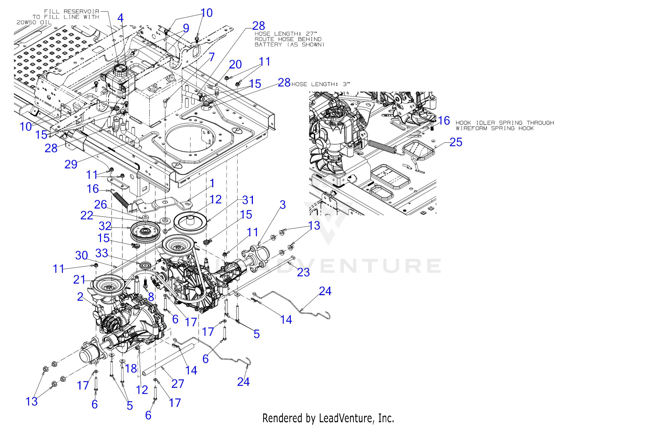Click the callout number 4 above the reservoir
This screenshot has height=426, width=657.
tap(120, 18)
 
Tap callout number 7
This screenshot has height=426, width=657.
tap(211, 57)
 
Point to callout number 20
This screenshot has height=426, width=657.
tap(236, 65)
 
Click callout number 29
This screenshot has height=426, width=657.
tap(71, 165)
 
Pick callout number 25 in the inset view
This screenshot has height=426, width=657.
tap(456, 142)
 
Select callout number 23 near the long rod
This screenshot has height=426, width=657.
tap(303, 272)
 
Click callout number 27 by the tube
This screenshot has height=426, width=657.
tap(177, 384)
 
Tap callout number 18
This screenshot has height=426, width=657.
tap(131, 368)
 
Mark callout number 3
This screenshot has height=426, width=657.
tap(282, 205)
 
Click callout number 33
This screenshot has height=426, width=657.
tap(101, 253)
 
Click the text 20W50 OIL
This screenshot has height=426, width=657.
tap(34, 22)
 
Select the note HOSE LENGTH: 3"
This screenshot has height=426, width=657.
tap(320, 84)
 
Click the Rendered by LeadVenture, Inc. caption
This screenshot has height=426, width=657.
tap(328, 418)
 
